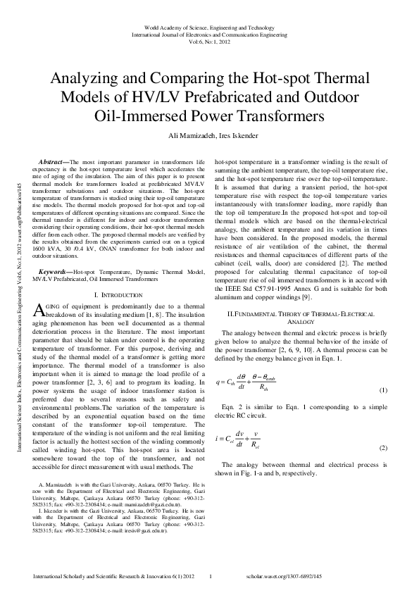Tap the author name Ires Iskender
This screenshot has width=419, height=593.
coord(238,135)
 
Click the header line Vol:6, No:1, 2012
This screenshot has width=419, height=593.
coord(208,40)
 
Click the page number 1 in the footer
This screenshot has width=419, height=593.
coord(211,576)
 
